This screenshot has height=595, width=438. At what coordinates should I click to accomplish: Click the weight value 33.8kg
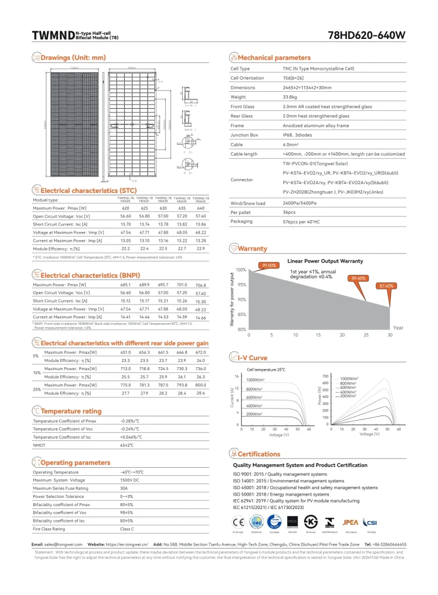pyautogui.click(x=291, y=97)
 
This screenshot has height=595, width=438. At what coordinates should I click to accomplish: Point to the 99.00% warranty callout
pyautogui.click(x=268, y=265)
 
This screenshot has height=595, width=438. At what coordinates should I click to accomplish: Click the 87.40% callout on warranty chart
pyautogui.click(x=386, y=286)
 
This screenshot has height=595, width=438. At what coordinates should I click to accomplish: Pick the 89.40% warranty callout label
pyautogui.click(x=359, y=278)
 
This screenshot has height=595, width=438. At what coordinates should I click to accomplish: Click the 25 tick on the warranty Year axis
pyautogui.click(x=366, y=335)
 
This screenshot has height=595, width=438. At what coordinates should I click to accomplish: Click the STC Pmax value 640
pyautogui.click(x=201, y=207)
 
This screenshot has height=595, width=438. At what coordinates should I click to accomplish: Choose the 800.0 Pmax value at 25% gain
pyautogui.click(x=201, y=385)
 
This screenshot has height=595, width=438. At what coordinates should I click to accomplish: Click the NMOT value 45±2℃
pyautogui.click(x=126, y=445)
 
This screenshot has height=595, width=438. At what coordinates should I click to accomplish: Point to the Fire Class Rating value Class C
pyautogui.click(x=126, y=529)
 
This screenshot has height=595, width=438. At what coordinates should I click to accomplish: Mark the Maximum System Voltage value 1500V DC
pyautogui.click(x=129, y=480)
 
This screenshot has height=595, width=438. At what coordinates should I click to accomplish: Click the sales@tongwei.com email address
pyautogui.click(x=66, y=544)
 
